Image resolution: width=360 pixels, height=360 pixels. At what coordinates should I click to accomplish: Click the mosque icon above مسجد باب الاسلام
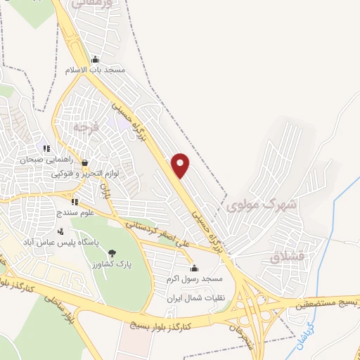95,59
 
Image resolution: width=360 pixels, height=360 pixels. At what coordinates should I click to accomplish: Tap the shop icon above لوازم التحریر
84,162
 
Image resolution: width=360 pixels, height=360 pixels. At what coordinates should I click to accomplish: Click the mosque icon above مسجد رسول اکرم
194,268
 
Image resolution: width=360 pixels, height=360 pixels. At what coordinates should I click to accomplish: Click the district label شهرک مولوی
255,205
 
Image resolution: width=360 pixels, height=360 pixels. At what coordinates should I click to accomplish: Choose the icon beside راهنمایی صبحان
46,148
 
